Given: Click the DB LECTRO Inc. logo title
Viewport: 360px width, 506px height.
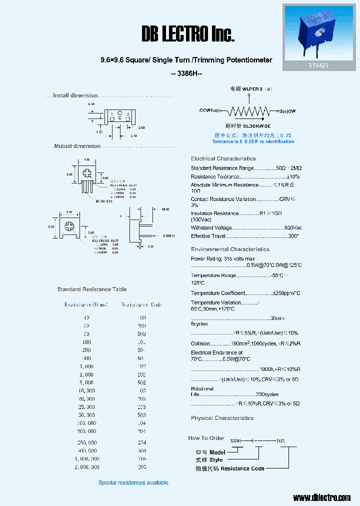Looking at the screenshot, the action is pos(188,34).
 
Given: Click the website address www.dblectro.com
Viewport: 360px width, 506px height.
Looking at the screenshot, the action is pos(321,497).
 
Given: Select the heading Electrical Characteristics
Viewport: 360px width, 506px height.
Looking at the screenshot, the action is pos(223,158).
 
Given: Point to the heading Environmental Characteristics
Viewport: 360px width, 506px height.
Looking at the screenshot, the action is pos(230,249).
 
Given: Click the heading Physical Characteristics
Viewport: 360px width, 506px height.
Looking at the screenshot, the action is pos(222,418).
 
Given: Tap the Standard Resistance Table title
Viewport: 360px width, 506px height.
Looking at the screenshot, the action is pos(92,289).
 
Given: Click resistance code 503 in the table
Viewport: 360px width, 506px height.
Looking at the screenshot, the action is pos(141,415).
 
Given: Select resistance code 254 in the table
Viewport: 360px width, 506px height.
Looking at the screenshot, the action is pos(141,442).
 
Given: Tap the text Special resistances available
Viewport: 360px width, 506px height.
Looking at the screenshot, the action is pos(133,482).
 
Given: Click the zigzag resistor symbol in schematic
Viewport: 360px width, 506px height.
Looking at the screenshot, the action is pos(248,110).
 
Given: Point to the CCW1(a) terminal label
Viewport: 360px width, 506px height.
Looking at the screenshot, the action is pos(209,110).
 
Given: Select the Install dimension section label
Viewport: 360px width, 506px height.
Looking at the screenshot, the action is pos(75,95).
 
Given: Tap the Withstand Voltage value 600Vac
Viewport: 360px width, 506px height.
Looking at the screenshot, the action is pos(293,228).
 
